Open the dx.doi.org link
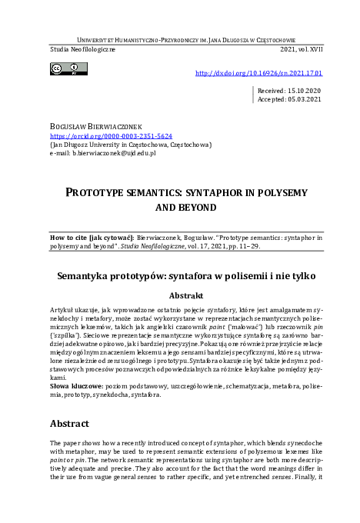tap(259, 74)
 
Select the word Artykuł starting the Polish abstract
tap(62, 308)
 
